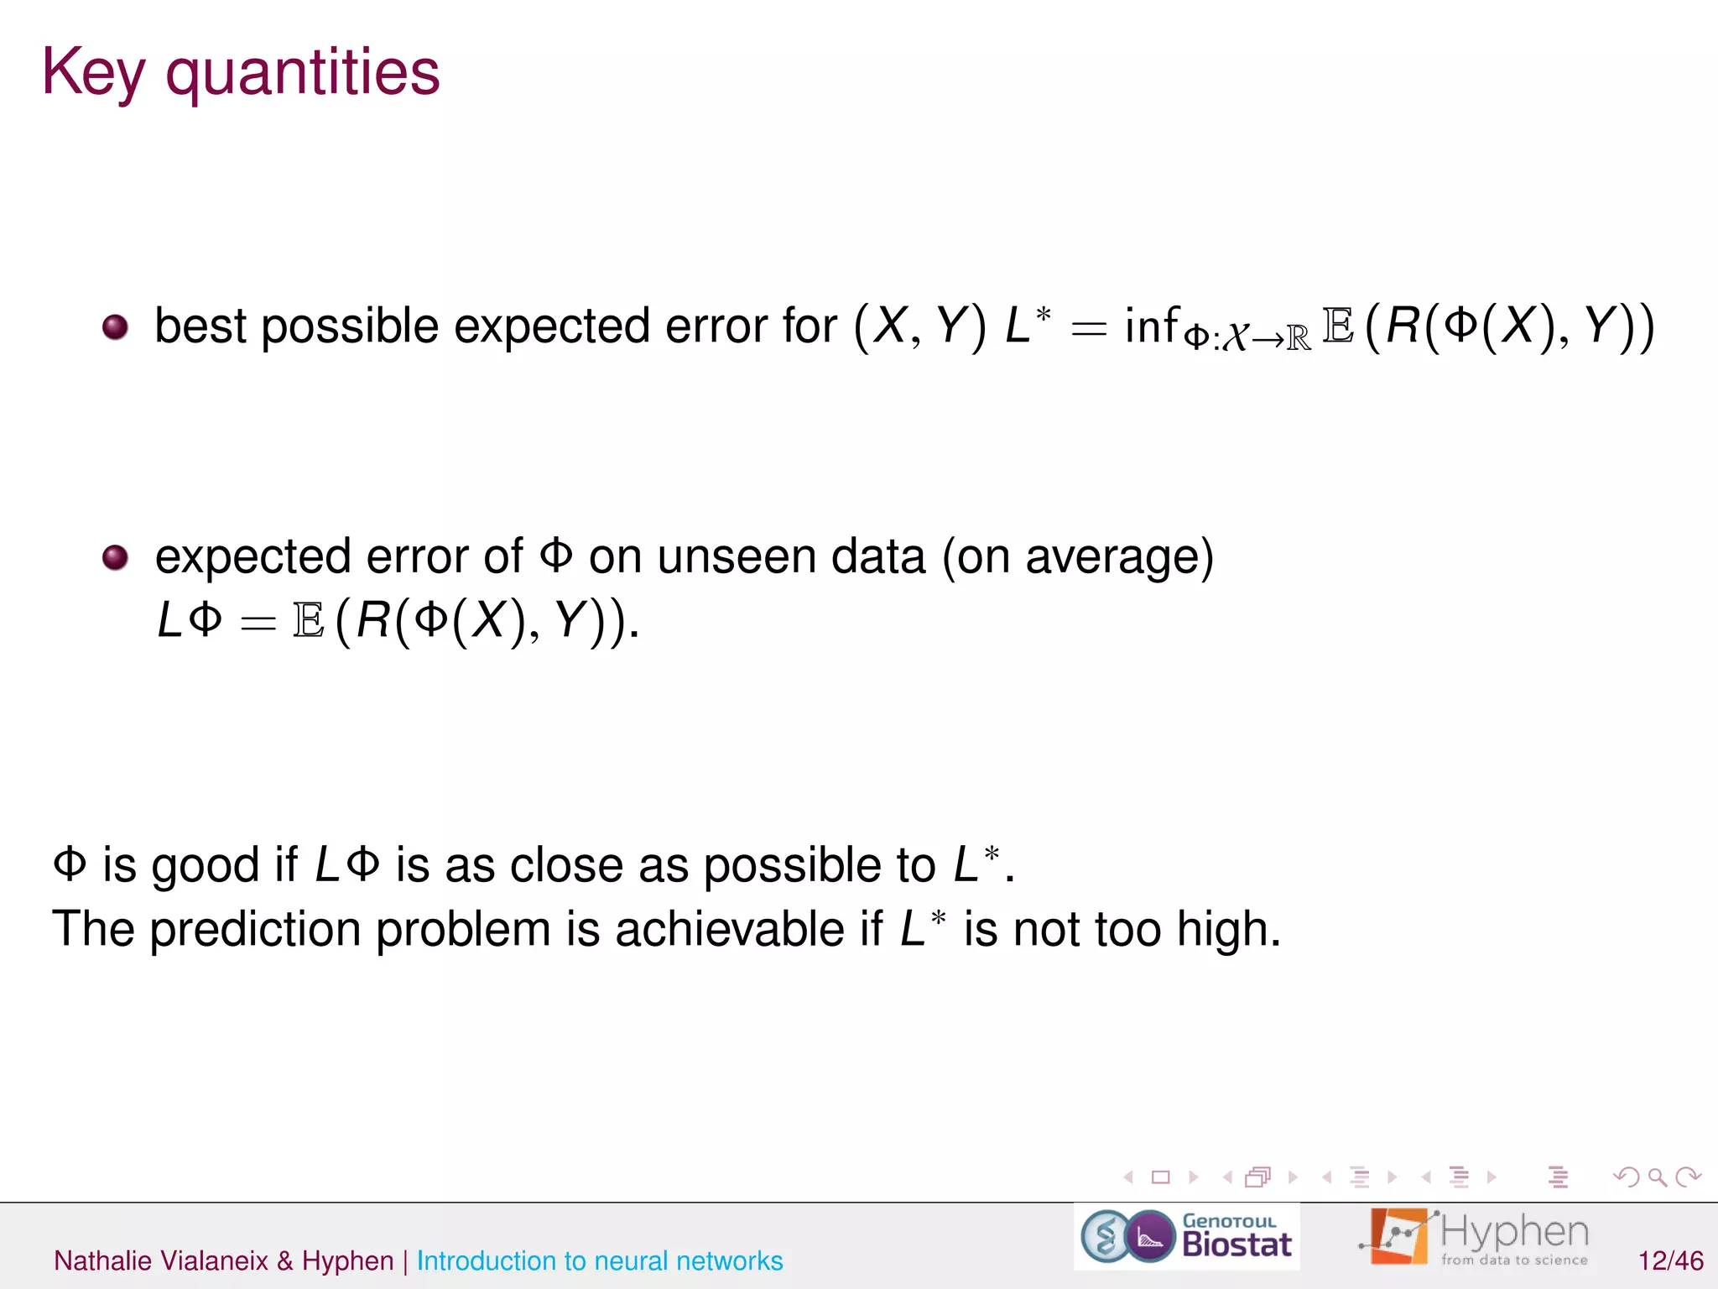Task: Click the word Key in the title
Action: coord(92,73)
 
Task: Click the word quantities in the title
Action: coord(302,73)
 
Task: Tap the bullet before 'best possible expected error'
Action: coord(115,326)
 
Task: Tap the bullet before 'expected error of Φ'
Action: coord(115,557)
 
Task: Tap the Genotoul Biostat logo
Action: coord(1186,1236)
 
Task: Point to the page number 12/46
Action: coord(1670,1260)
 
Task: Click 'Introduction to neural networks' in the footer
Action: coord(600,1260)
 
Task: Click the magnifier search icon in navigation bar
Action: coord(1657,1177)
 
